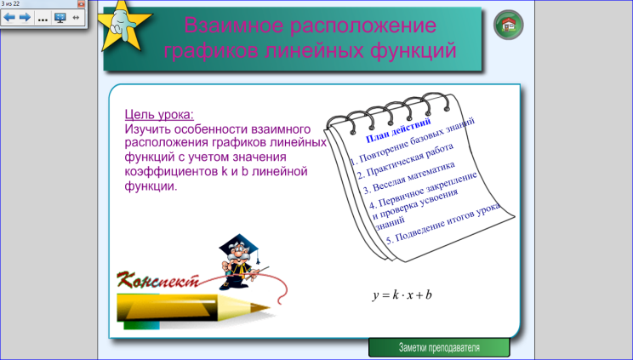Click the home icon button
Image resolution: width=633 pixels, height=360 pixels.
(x=508, y=25)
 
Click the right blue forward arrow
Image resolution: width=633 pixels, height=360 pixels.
(x=25, y=17)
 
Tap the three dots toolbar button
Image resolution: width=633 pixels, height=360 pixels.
(x=43, y=19)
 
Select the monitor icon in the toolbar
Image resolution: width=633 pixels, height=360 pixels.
(x=60, y=17)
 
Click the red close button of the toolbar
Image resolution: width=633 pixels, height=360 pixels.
(x=81, y=3)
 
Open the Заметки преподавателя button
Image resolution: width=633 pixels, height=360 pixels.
(x=439, y=347)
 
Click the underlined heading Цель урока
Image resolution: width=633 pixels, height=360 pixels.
(x=159, y=114)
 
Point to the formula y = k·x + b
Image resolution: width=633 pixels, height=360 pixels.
(x=402, y=294)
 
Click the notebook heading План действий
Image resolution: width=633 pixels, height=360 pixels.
(x=398, y=130)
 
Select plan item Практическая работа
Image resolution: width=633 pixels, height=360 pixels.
(x=405, y=161)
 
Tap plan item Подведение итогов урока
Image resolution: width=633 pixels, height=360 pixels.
(x=443, y=224)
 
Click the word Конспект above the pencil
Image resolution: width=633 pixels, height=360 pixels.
(x=158, y=279)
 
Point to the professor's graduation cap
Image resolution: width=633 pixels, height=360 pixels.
(x=238, y=243)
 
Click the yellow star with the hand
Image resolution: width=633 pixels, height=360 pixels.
(x=124, y=26)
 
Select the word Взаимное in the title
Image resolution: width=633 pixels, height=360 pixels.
(x=233, y=25)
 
